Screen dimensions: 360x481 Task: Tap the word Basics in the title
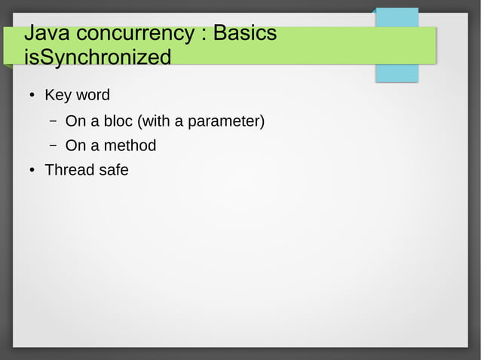(245, 35)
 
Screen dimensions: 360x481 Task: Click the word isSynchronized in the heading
(97, 57)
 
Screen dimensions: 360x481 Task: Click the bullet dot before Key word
(30, 96)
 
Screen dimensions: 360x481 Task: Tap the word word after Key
(93, 96)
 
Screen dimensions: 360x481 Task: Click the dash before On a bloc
(54, 121)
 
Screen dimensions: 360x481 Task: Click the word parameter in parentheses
(225, 121)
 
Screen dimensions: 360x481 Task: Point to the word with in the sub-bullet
(155, 121)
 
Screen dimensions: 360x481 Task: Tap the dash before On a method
(54, 145)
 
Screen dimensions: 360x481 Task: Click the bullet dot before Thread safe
(30, 171)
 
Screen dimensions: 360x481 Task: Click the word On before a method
(76, 145)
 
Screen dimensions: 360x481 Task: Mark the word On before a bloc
(76, 121)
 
